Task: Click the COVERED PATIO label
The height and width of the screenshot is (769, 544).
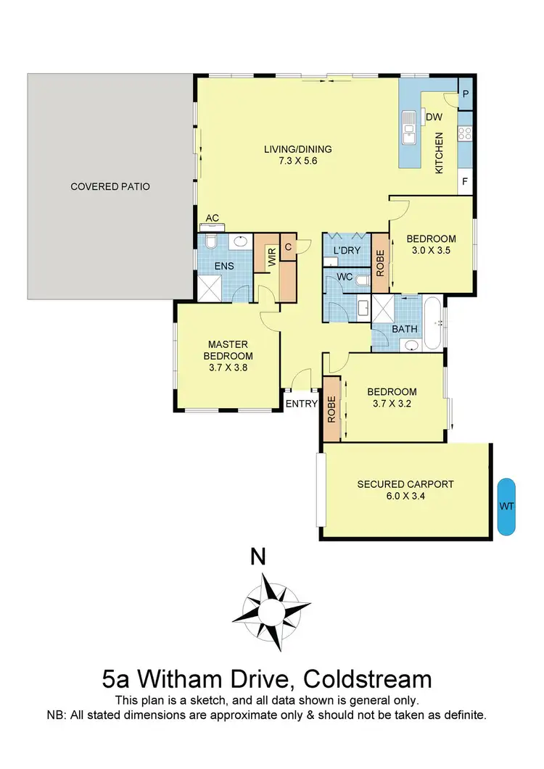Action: click(x=110, y=186)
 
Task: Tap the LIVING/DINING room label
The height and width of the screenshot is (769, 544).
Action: click(x=297, y=150)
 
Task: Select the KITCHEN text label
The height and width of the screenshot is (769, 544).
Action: click(x=438, y=153)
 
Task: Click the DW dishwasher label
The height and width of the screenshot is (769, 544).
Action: click(x=434, y=117)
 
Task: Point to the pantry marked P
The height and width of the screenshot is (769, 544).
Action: click(x=466, y=93)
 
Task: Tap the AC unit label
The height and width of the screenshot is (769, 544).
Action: click(x=213, y=217)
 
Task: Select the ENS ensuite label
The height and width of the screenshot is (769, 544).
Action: click(x=224, y=266)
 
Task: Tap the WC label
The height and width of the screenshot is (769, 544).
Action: click(x=344, y=278)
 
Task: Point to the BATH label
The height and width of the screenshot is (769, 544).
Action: click(x=404, y=329)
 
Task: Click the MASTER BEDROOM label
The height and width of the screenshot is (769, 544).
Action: click(x=230, y=350)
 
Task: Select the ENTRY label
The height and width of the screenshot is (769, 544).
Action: click(x=302, y=404)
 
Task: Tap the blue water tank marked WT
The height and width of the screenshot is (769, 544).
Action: click(x=506, y=507)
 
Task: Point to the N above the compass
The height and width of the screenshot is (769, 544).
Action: click(x=257, y=557)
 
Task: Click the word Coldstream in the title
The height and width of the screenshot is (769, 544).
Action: click(x=367, y=679)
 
